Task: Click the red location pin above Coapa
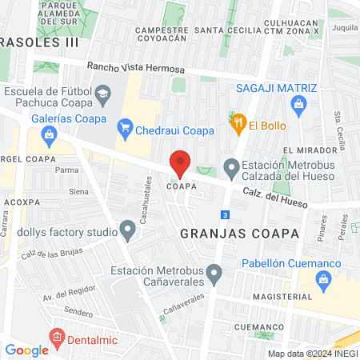click(180, 163)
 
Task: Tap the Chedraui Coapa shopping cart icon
click(124, 126)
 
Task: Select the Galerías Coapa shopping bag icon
click(50, 134)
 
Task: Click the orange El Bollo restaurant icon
click(237, 124)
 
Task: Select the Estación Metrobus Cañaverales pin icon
click(214, 274)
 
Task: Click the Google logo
click(26, 350)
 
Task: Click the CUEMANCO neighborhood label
click(260, 327)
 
